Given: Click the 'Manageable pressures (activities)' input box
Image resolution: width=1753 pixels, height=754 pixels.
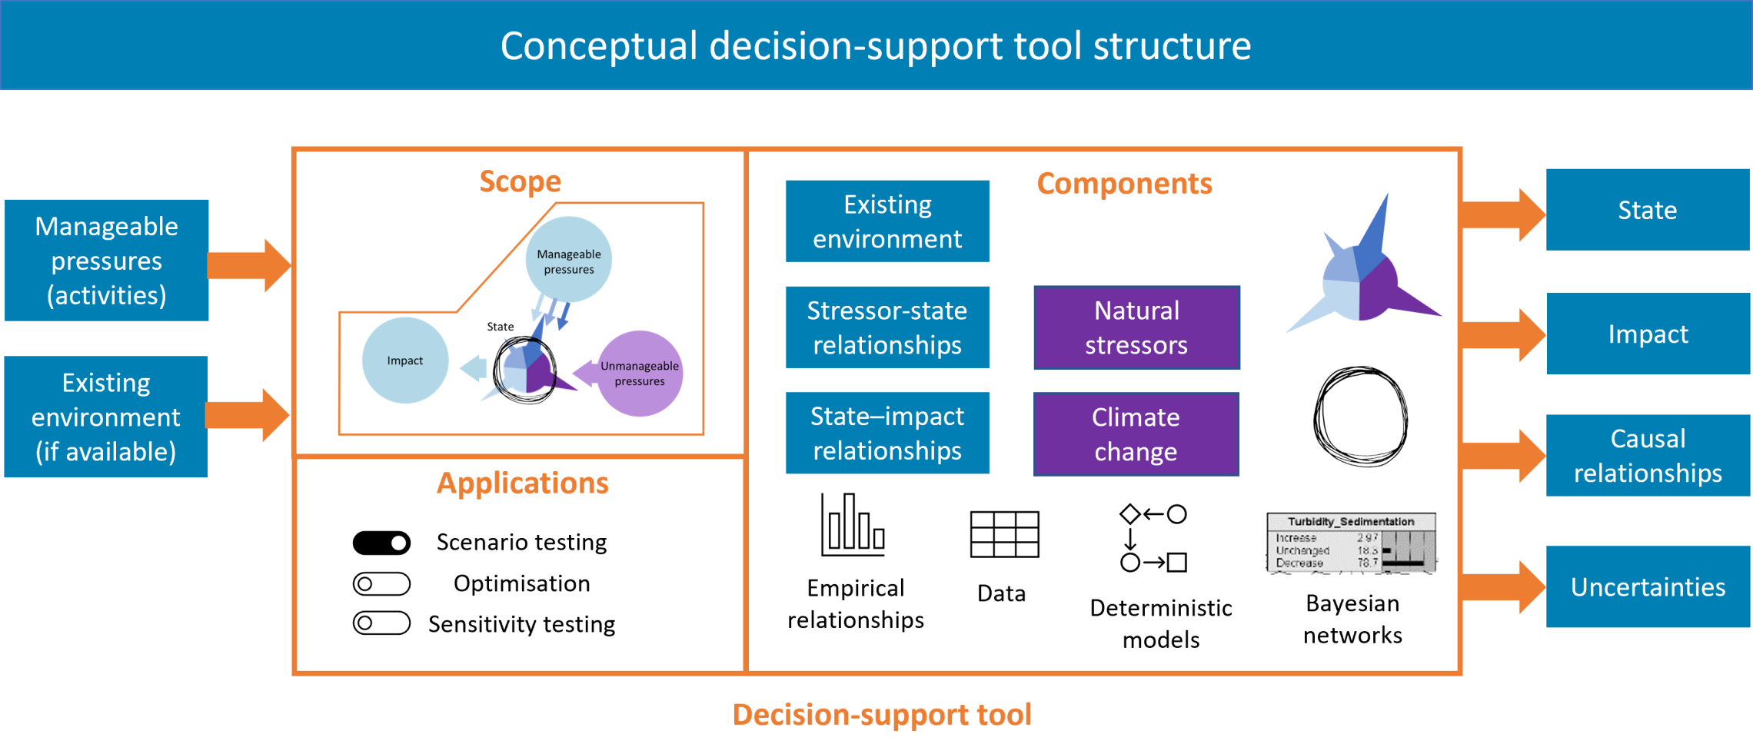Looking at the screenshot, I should (x=107, y=261).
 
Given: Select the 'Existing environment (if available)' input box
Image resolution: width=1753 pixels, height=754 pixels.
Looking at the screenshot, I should (x=106, y=417).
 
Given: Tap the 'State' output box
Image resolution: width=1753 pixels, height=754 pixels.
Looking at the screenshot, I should (x=1647, y=210).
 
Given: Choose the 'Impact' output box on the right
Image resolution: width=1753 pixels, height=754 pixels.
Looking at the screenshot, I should (x=1648, y=334).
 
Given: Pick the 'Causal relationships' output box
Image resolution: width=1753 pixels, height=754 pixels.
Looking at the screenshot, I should (x=1648, y=456).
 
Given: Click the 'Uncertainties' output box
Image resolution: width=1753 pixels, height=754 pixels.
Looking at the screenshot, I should (x=1648, y=587).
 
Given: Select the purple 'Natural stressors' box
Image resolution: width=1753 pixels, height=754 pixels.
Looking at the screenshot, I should (x=1136, y=327).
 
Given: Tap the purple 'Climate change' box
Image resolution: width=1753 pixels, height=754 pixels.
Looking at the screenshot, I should (x=1136, y=434).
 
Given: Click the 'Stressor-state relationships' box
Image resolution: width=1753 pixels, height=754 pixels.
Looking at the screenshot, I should (x=887, y=327).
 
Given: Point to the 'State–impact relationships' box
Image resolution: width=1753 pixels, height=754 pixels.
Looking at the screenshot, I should (x=887, y=433).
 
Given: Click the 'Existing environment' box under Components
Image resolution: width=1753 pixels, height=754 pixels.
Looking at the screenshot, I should (x=887, y=221).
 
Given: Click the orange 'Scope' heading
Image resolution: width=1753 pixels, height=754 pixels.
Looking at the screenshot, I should (x=521, y=181).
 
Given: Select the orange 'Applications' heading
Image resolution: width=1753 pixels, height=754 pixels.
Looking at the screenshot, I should (x=523, y=483).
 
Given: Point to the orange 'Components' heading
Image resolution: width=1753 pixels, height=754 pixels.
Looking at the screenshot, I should (x=1124, y=184).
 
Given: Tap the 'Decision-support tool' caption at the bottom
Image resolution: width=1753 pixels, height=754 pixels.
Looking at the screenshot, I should (x=881, y=715).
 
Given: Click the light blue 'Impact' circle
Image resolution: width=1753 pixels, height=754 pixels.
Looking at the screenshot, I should (x=405, y=360).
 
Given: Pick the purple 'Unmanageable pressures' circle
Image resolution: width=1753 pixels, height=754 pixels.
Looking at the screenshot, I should (x=640, y=374).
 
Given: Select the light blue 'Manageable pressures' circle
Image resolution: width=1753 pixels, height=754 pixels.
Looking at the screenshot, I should (x=569, y=260).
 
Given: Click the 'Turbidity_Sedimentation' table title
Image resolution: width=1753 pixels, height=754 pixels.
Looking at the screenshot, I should (x=1351, y=522).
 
